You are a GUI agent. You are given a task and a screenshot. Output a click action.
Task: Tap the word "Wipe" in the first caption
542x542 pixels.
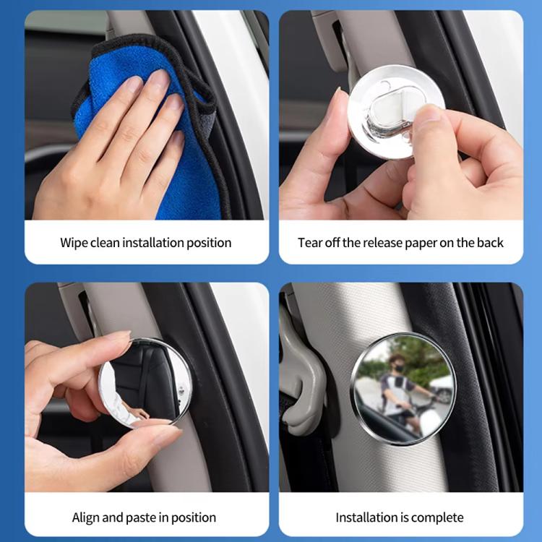click(x=74, y=243)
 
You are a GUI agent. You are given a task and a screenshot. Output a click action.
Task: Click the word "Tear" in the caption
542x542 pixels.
click(x=310, y=243)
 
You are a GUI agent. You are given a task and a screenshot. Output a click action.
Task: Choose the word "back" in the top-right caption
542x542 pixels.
click(x=489, y=243)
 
